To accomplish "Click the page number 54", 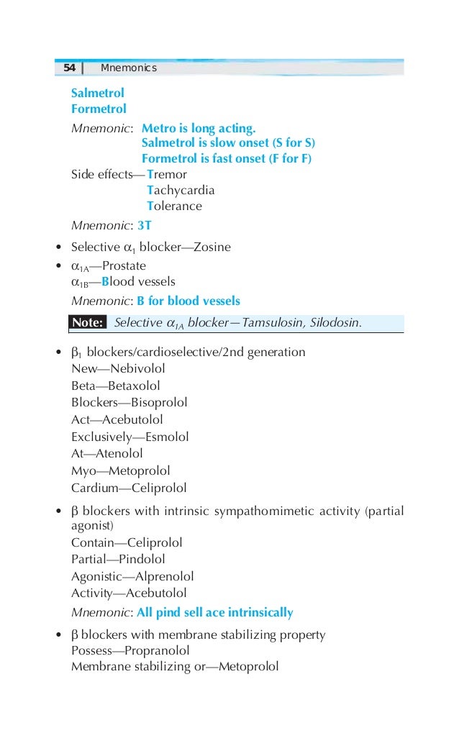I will pyautogui.click(x=69, y=68).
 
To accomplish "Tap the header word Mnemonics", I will pyautogui.click(x=129, y=68).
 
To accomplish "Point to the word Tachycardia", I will pyautogui.click(x=181, y=191).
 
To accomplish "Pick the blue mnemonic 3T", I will pyautogui.click(x=144, y=225).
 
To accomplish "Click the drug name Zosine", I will pyautogui.click(x=212, y=247).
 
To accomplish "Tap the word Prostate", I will pyautogui.click(x=123, y=266).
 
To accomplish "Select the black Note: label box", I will pyautogui.click(x=88, y=323).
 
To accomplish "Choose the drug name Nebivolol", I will pyautogui.click(x=138, y=369).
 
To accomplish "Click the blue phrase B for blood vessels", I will pyautogui.click(x=188, y=301).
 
